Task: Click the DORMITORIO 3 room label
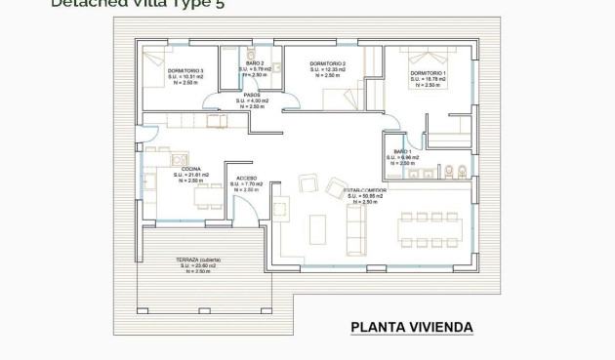pos(184,71)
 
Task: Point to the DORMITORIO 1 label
pos(428,73)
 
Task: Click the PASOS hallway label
pos(252,95)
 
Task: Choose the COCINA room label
pos(190,169)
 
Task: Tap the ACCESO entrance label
pos(246,178)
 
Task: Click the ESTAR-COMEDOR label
pos(365,190)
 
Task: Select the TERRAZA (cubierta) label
pos(198,260)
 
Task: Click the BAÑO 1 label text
pos(400,151)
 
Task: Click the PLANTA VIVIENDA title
pos(411,328)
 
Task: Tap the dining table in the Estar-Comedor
pos(428,230)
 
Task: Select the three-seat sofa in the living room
pos(356,230)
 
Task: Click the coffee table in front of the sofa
pos(318,229)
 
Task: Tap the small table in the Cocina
pos(207,196)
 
